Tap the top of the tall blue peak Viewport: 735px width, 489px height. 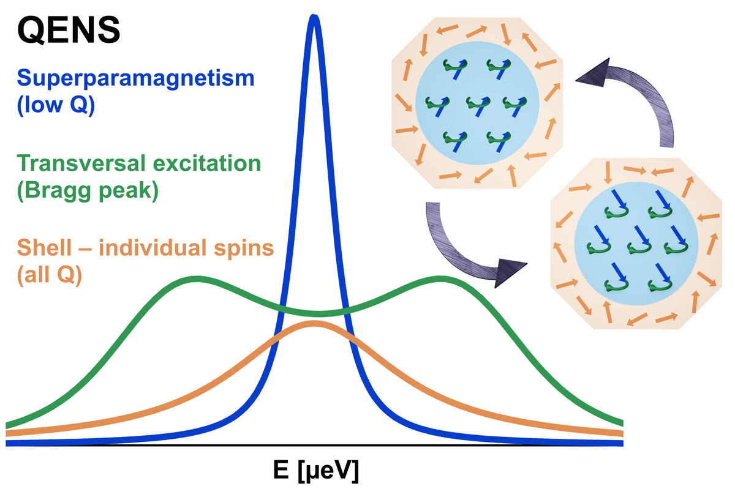pos(314,20)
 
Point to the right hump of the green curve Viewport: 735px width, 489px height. pos(440,280)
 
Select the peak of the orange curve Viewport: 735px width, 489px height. pos(314,324)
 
